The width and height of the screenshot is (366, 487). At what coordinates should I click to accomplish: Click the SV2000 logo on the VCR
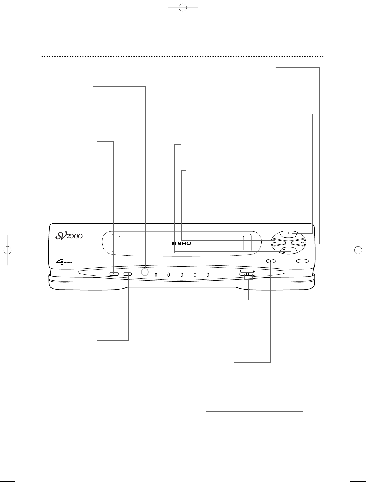[69, 236]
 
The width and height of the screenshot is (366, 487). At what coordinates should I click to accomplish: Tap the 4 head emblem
[64, 263]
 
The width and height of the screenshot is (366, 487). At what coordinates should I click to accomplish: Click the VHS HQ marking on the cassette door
[182, 243]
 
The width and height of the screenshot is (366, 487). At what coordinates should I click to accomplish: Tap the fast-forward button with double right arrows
[298, 243]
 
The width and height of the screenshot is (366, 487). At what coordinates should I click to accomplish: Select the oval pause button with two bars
[302, 261]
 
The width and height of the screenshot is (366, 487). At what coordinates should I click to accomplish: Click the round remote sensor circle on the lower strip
[144, 272]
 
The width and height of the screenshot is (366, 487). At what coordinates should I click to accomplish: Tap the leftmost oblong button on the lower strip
[114, 274]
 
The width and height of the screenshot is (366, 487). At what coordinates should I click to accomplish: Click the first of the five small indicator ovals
[156, 275]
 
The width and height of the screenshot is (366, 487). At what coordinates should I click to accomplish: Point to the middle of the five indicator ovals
[182, 275]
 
